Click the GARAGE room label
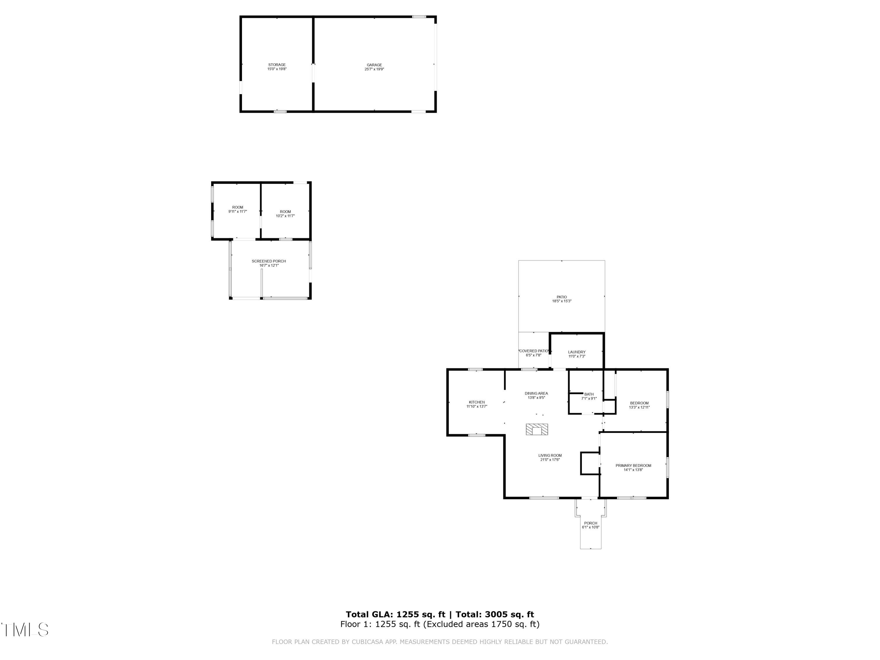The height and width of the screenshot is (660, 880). pos(374,65)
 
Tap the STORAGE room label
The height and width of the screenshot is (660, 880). pos(277,65)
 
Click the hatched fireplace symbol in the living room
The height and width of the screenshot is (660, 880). pos(537,430)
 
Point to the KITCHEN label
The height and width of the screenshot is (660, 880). pos(477,402)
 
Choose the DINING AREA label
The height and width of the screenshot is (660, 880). pos(536,393)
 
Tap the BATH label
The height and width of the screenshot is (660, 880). pos(589,394)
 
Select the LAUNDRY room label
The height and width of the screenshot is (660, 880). pos(576,352)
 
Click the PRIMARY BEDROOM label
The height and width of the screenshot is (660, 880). pos(633,466)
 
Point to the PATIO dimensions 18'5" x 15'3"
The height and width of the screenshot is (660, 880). pos(561,301)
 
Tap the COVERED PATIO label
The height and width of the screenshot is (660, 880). pos(534,351)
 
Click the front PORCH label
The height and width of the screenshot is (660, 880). pos(590,523)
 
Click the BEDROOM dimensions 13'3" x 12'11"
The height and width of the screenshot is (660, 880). pos(639,407)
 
